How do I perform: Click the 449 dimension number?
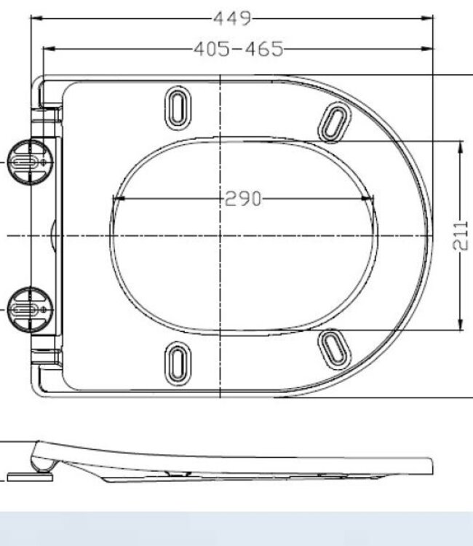coord(232,17)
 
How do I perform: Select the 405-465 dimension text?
coord(238,50)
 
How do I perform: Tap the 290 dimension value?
coord(242,198)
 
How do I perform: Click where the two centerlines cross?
coord(220,236)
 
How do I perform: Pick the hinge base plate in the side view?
coord(30,478)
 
